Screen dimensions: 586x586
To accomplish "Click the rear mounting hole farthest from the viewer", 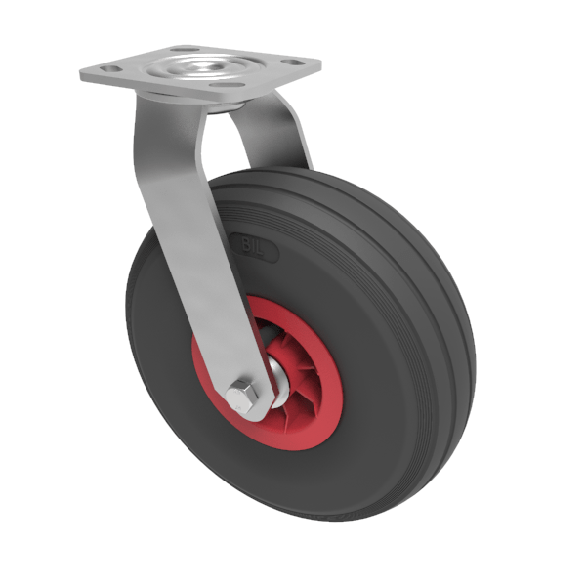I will [x=181, y=49].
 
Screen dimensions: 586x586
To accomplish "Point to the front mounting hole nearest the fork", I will [x=228, y=87].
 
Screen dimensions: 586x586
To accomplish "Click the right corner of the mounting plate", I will [x=319, y=67].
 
